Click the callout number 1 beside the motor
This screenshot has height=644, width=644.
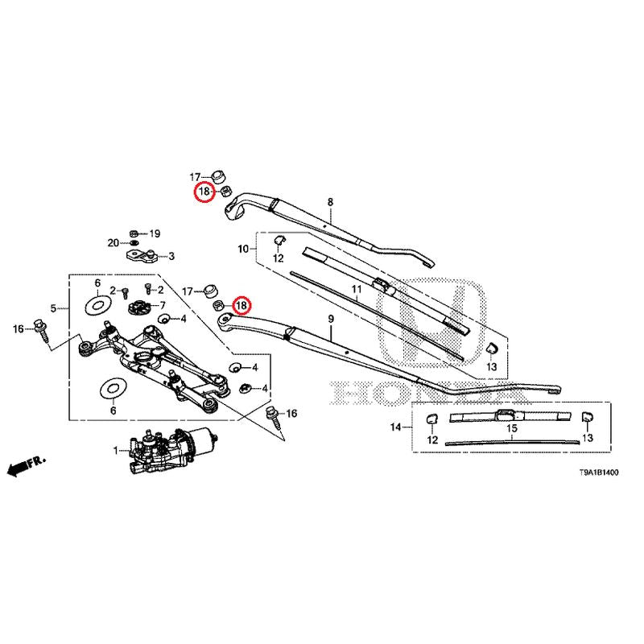pyautogui.click(x=114, y=450)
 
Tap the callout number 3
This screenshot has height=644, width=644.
pyautogui.click(x=171, y=257)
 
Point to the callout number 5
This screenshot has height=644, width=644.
pyautogui.click(x=53, y=308)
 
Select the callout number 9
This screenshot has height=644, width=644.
pyautogui.click(x=330, y=320)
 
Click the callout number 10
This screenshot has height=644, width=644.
pyautogui.click(x=243, y=250)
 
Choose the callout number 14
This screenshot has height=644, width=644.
pyautogui.click(x=395, y=426)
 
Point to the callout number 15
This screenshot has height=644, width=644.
pyautogui.click(x=510, y=428)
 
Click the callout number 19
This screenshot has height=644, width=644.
pyautogui.click(x=155, y=233)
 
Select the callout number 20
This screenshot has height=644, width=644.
pyautogui.click(x=114, y=242)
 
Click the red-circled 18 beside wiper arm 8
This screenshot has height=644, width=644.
pyautogui.click(x=204, y=192)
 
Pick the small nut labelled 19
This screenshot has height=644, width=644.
pyautogui.click(x=134, y=233)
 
